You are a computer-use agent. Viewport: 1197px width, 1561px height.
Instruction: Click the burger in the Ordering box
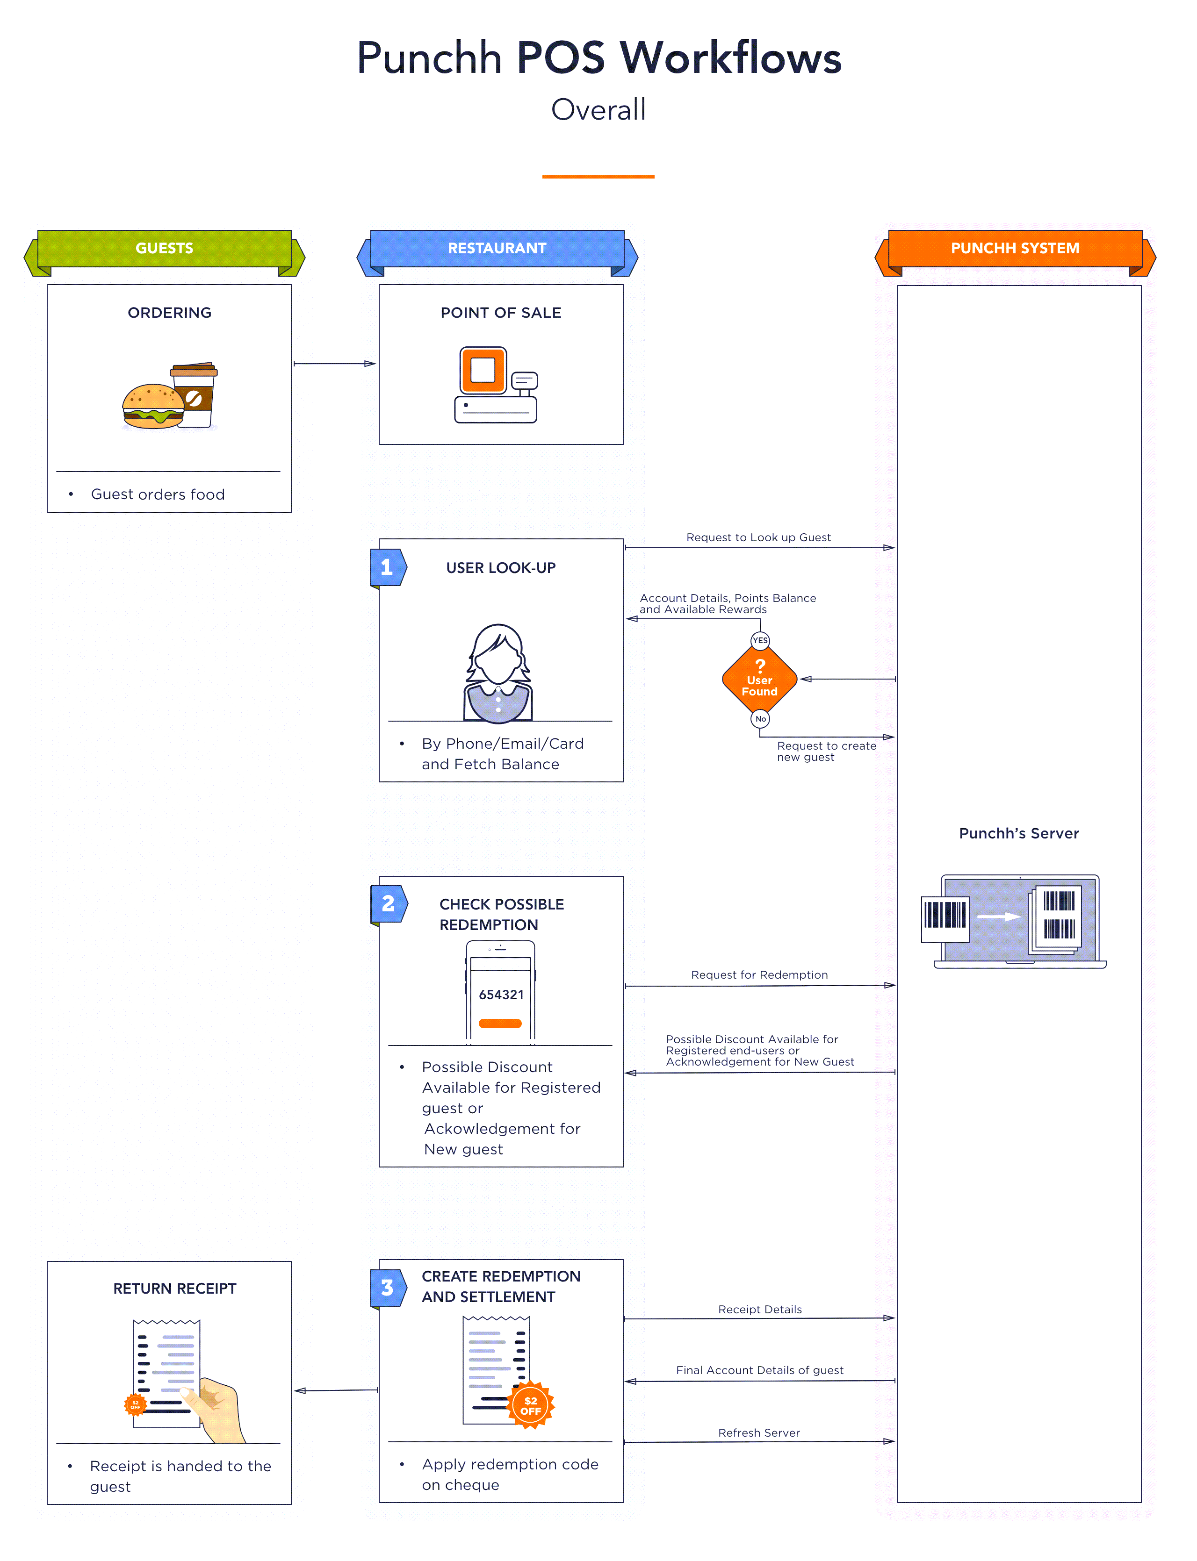click(152, 407)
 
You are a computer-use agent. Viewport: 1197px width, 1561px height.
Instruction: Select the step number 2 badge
click(388, 904)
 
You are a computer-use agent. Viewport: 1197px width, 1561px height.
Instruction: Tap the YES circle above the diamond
click(760, 640)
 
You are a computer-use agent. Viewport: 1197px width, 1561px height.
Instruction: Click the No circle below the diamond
click(760, 718)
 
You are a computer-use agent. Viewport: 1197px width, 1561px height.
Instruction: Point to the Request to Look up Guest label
click(758, 537)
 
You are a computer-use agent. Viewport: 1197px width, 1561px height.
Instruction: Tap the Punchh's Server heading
click(1018, 833)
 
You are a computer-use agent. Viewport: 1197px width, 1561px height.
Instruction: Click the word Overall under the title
click(598, 110)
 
